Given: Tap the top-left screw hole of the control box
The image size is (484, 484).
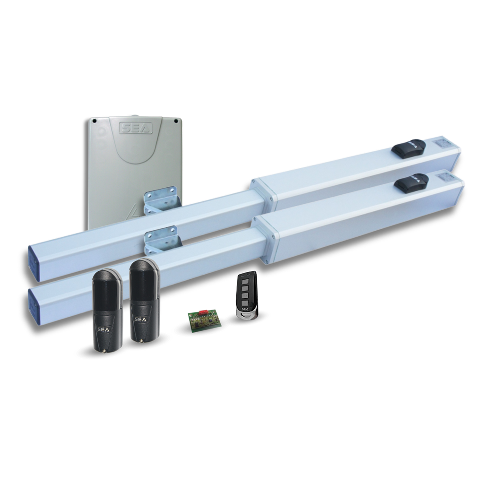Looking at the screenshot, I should coord(95,121).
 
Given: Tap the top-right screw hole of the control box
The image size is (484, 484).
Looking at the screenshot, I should coord(176,121).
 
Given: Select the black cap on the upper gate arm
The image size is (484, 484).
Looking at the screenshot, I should coord(408,148).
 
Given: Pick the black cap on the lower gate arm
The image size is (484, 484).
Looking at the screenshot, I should coord(411,183).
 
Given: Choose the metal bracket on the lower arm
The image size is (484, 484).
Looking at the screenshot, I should coord(162,240).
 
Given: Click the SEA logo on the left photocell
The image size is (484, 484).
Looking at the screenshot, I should coord(102,329).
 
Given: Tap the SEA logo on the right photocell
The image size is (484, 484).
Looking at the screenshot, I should coord(140,320).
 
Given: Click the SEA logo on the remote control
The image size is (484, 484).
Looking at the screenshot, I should coord(245,309).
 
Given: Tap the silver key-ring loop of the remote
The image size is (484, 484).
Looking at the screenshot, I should coord(247,315).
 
